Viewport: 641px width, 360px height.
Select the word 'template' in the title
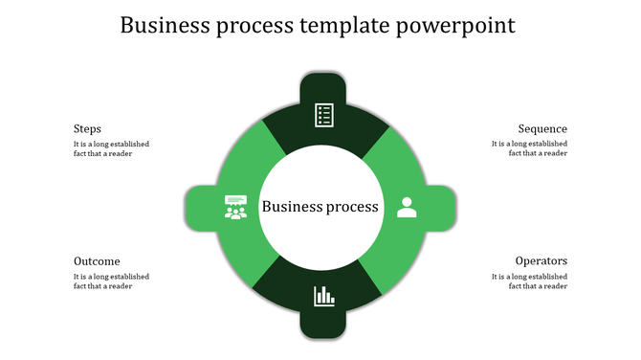click(x=345, y=26)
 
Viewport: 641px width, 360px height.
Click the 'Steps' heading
click(x=87, y=129)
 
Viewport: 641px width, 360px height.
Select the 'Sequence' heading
click(x=542, y=129)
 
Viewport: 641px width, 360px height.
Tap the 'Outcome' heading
click(x=97, y=261)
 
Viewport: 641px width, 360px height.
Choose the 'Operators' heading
click(x=542, y=261)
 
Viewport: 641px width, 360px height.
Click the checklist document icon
click(x=324, y=115)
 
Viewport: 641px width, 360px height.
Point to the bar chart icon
click(x=324, y=296)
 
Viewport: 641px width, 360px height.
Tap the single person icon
click(x=407, y=207)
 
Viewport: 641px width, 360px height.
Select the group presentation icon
click(x=235, y=207)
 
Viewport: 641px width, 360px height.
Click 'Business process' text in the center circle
click(x=320, y=207)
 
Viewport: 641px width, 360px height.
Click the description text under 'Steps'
click(x=111, y=148)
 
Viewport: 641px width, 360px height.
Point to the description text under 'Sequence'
click(x=529, y=148)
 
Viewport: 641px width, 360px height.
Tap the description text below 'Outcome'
click(x=111, y=281)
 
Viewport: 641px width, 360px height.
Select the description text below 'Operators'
click(x=529, y=281)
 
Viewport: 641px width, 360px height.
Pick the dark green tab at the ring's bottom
click(x=323, y=326)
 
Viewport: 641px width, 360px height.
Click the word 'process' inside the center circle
click(x=350, y=207)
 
